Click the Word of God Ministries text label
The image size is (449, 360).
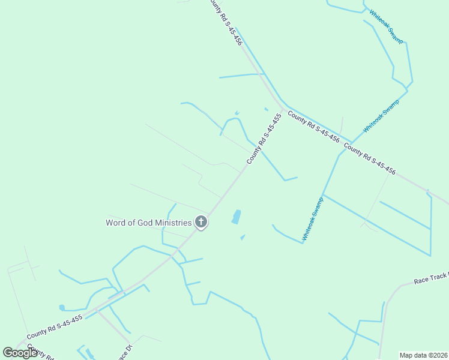[148, 223]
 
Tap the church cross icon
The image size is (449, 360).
[201, 223]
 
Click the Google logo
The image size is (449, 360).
[20, 353]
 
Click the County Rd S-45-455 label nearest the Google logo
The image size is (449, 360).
[55, 328]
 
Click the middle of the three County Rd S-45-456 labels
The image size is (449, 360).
[313, 126]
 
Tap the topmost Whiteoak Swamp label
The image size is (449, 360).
[386, 26]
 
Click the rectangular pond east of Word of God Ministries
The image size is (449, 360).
[237, 217]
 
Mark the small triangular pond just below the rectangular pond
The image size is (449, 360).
[243, 238]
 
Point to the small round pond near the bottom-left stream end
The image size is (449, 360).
[62, 308]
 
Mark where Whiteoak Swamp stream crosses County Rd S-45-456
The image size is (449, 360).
[351, 143]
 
